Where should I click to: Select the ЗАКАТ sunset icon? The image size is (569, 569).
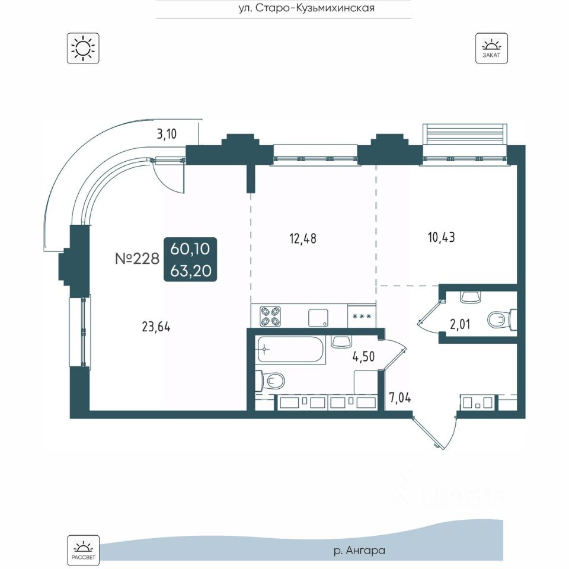point(491,48)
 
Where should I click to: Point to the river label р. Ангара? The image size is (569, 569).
point(359,551)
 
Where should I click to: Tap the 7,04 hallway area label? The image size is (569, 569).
point(400,395)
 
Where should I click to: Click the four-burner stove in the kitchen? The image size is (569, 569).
point(270,315)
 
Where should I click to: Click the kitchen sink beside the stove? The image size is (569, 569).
point(318,317)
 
